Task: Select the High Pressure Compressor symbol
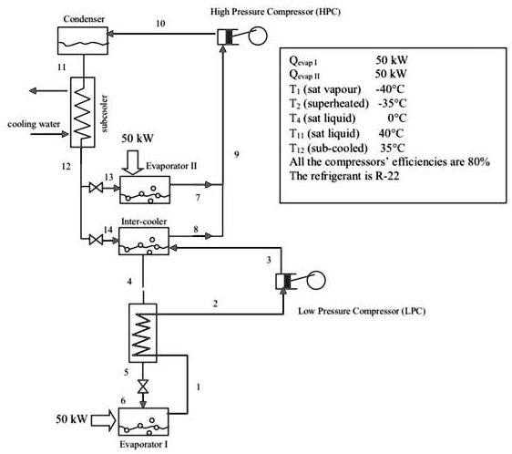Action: click(233, 37)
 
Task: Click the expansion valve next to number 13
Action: click(93, 189)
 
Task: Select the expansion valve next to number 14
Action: click(94, 241)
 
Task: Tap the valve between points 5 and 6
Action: click(143, 385)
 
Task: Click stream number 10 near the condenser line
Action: click(160, 25)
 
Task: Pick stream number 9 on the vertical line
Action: click(235, 156)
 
